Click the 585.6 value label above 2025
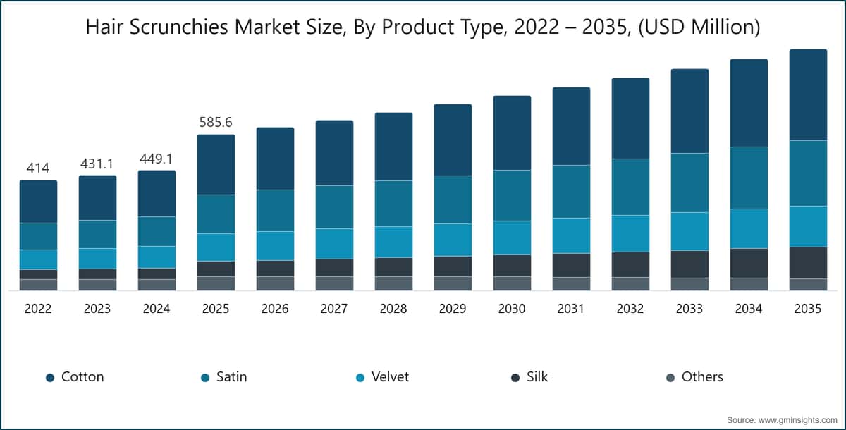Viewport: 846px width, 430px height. pos(216,123)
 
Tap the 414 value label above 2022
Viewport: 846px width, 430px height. pos(38,168)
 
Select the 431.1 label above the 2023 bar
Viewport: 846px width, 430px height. pos(97,164)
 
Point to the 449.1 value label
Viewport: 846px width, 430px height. pos(157,159)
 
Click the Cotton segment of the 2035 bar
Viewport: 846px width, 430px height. pos(808,94)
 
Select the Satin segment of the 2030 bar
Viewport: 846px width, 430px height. pos(512,195)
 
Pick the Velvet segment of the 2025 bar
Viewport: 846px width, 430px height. pos(216,247)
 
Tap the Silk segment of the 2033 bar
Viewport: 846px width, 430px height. pos(689,264)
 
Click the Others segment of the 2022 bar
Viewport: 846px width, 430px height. pos(39,285)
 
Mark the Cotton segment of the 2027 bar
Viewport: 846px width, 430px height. pos(335,153)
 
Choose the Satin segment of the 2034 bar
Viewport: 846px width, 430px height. pos(749,178)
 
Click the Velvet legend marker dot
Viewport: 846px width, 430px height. pos(360,378)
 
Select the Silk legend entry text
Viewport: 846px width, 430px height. pos(537,376)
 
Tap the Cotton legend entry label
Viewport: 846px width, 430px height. pos(82,376)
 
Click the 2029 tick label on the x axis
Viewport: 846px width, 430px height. pos(453,309)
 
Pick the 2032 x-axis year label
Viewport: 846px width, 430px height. pos(630,309)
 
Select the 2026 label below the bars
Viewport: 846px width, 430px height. pos(274,309)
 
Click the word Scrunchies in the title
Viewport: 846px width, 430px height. pos(178,27)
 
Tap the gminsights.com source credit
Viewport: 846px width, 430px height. pos(782,420)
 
